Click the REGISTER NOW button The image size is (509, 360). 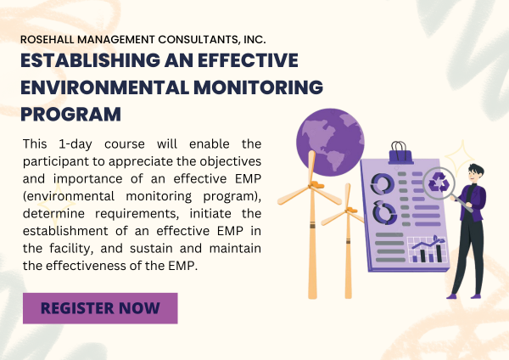pyautogui.click(x=100, y=307)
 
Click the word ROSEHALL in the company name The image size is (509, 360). pyautogui.click(x=53, y=39)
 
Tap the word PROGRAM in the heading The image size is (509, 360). pyautogui.click(x=70, y=113)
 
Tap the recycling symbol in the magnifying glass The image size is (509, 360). pyautogui.click(x=440, y=183)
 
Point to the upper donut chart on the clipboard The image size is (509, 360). pyautogui.click(x=383, y=183)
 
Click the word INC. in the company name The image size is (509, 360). pyautogui.click(x=254, y=39)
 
